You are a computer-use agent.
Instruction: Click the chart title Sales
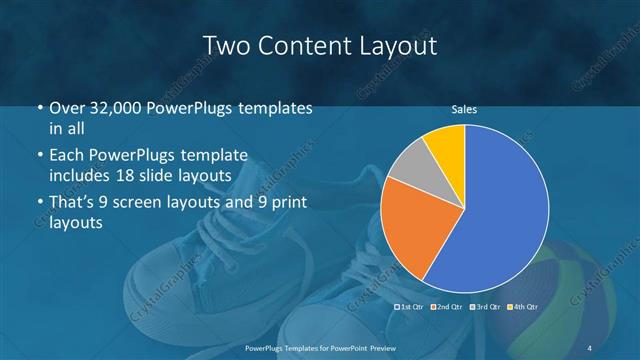(464, 109)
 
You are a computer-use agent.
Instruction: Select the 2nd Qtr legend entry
(447, 306)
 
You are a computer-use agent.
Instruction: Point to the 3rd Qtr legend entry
(485, 306)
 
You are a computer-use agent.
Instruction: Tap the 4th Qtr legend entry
(523, 306)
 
